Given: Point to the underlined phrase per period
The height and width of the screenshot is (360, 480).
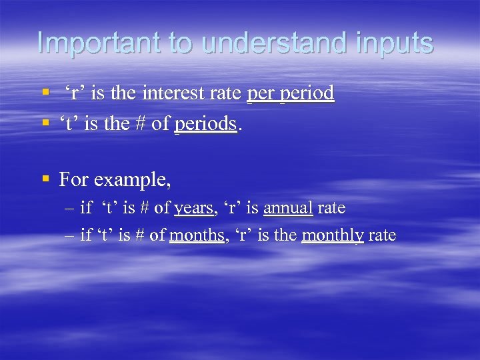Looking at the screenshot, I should point(290,94).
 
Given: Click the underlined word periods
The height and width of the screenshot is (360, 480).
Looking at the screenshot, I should point(205,123).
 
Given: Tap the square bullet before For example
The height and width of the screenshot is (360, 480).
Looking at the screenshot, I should point(45,179).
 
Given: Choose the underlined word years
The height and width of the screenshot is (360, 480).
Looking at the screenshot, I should point(193,209).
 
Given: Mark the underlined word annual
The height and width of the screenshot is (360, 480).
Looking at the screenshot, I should point(288,208).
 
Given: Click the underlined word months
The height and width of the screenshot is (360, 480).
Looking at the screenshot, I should point(197,235).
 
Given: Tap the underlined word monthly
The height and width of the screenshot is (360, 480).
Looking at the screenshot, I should point(333,236).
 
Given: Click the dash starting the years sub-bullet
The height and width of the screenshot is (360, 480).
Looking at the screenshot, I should point(70,209).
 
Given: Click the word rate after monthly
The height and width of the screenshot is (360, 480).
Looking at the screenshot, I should point(382,235).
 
